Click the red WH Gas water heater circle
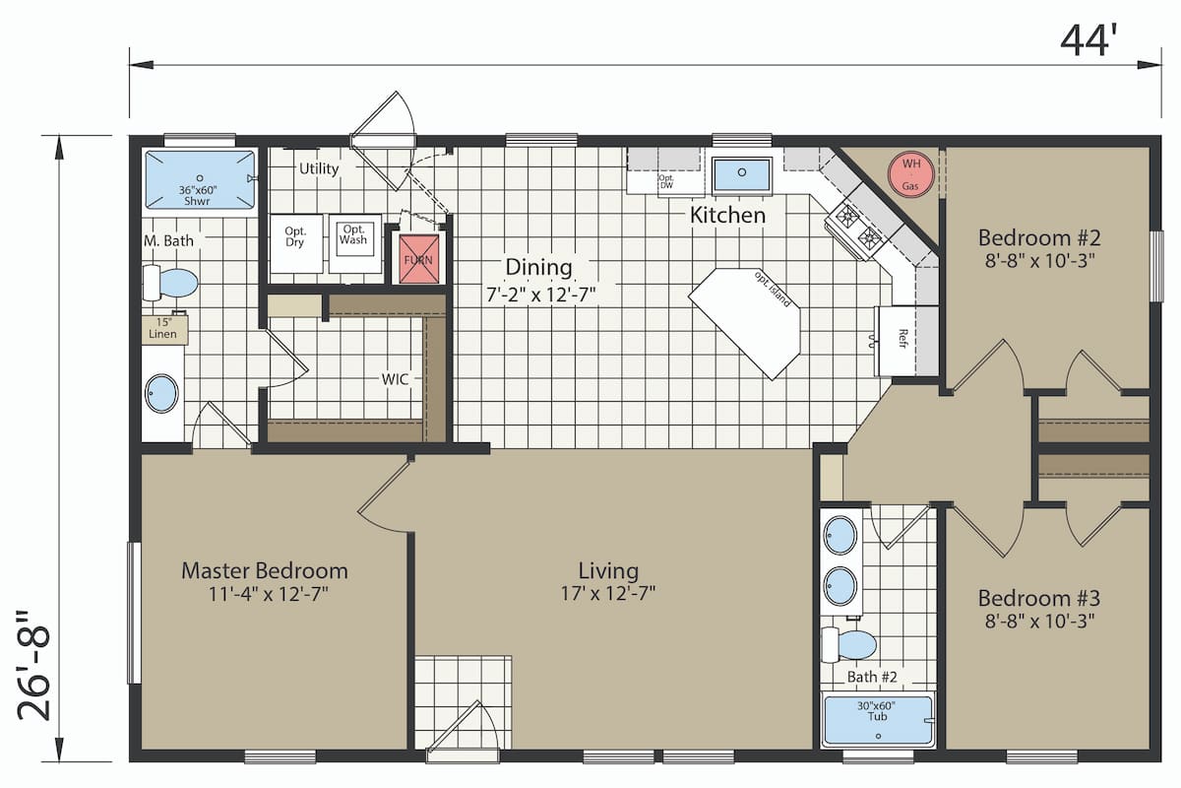[x=910, y=173]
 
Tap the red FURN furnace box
[x=418, y=259]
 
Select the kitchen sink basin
[x=741, y=173]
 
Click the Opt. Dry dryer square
[x=296, y=243]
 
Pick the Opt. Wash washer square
[x=355, y=243]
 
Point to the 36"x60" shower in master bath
[x=200, y=179]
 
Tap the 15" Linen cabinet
[x=164, y=329]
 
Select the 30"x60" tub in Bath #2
[x=878, y=720]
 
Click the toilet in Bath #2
[x=848, y=644]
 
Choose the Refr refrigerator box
[x=896, y=341]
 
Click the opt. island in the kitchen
[x=745, y=323]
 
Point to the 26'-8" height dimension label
[x=33, y=666]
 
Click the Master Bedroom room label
[x=265, y=570]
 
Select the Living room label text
[x=608, y=570]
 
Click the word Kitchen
[x=727, y=215]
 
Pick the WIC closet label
[x=395, y=379]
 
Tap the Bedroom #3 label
[x=1038, y=598]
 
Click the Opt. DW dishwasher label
[x=666, y=181]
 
